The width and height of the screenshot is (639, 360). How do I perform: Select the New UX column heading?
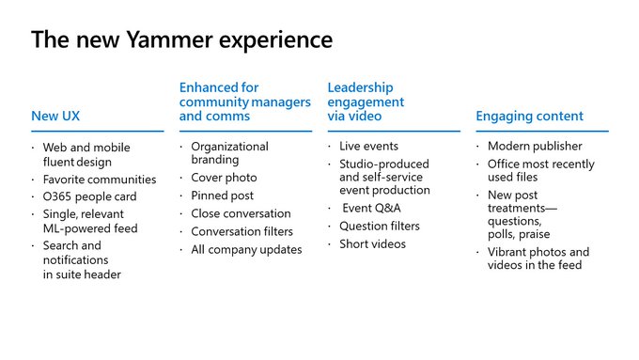coord(57,117)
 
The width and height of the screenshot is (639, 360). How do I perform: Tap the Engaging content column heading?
coord(529,117)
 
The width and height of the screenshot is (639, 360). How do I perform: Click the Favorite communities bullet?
coord(100,180)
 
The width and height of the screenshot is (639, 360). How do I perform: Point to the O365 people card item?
coord(89,196)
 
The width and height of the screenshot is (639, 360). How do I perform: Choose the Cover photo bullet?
coord(224,178)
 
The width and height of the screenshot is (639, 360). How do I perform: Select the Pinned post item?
coord(223,196)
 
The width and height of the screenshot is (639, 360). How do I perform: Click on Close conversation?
coord(241,213)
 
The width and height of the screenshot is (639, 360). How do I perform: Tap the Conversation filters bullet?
coord(242,231)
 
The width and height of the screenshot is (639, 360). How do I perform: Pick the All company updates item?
coord(246,249)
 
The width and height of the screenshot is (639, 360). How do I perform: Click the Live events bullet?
coord(368,147)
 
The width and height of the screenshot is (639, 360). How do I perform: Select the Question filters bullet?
coord(379,226)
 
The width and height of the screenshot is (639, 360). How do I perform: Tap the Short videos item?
coord(372,243)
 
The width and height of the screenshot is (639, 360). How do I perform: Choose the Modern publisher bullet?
coord(535,147)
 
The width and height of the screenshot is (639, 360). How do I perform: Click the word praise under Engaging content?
coord(533,234)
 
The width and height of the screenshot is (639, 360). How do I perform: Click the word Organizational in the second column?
coord(229,147)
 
